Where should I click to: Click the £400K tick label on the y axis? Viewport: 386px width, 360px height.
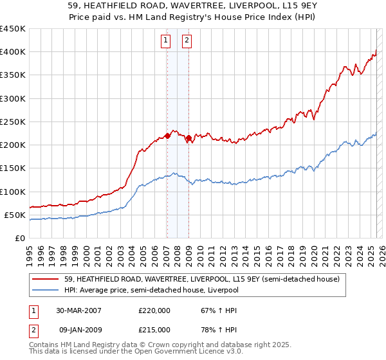click(12, 52)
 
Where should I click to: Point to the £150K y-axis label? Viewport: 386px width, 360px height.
click(12, 168)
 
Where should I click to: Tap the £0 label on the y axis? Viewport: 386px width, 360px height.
click(20, 238)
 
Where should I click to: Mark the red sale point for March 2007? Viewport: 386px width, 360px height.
click(167, 136)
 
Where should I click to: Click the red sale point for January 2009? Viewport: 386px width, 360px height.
click(188, 138)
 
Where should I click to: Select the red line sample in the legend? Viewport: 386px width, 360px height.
click(46, 278)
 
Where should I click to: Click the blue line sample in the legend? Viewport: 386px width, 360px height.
click(46, 290)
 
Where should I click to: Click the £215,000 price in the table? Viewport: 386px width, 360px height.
click(154, 329)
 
